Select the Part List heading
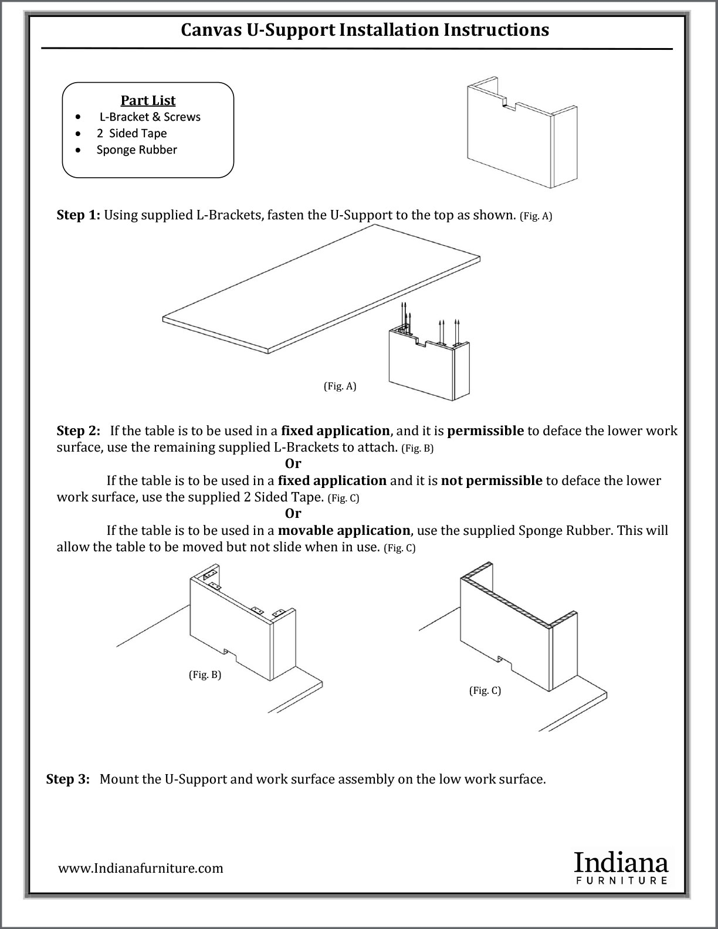click(x=148, y=100)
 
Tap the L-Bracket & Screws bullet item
click(x=150, y=117)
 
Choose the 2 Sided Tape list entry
click(x=131, y=133)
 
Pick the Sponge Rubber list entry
click(x=137, y=150)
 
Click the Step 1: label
click(x=78, y=215)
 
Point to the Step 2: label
click(x=78, y=430)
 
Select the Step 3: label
click(x=68, y=779)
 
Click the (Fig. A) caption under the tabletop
click(x=340, y=386)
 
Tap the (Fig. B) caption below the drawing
click(x=205, y=674)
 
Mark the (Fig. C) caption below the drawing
click(x=485, y=690)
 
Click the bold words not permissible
click(x=492, y=481)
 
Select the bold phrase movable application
click(x=344, y=531)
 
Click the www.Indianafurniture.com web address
click(x=141, y=868)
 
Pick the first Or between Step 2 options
click(x=293, y=464)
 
